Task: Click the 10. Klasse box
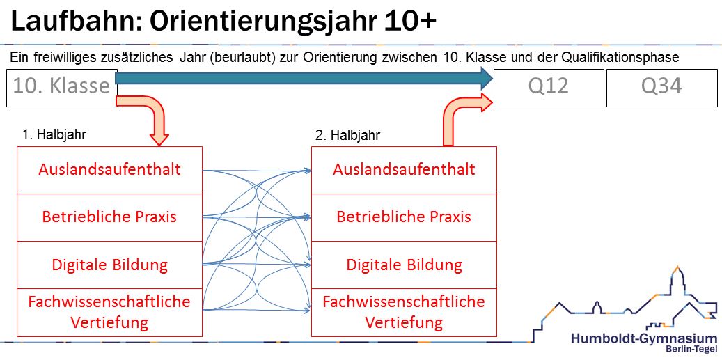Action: [61, 87]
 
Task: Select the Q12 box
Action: [548, 87]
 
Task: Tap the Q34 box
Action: [661, 87]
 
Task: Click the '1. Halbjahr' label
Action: [54, 135]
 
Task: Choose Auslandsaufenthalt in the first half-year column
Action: [109, 170]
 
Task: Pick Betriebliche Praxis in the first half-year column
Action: [109, 217]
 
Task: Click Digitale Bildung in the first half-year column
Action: [109, 265]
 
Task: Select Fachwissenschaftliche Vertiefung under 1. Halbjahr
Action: [109, 312]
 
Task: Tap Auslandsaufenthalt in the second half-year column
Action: [404, 170]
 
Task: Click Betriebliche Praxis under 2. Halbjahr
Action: [404, 217]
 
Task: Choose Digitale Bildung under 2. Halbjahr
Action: [404, 265]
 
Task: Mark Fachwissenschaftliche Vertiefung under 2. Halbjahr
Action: [404, 312]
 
